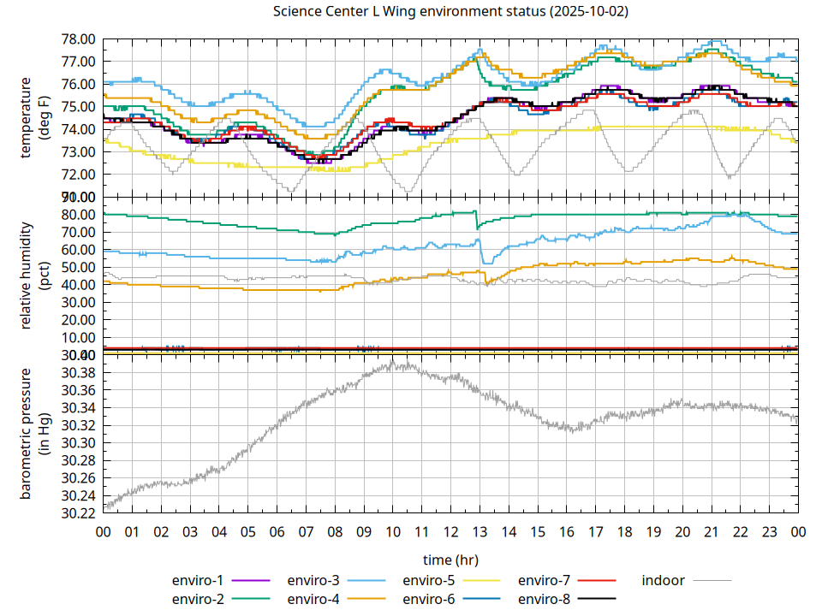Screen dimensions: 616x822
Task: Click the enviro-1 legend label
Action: point(198,581)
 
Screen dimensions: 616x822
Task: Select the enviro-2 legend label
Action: point(198,599)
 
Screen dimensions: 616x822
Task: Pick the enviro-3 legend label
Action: point(313,581)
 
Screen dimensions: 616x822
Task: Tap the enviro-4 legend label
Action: point(313,599)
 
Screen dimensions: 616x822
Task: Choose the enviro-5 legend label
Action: point(429,581)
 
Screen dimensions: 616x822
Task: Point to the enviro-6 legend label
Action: point(429,599)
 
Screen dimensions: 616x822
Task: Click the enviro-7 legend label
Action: point(545,581)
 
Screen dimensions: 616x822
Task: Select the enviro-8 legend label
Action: point(545,599)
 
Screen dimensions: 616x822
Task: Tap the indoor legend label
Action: point(664,581)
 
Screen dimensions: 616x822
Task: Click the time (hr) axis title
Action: point(450,560)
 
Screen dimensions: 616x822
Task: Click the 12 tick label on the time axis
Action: point(450,532)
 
